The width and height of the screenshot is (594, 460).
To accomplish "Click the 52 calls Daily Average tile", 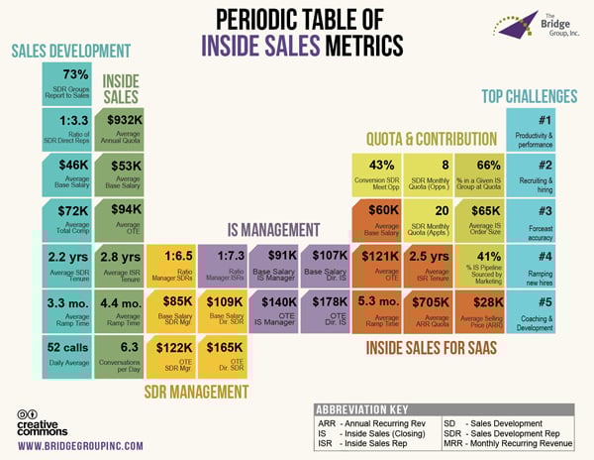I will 66,353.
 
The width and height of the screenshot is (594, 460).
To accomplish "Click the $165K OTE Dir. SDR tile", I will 223,354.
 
